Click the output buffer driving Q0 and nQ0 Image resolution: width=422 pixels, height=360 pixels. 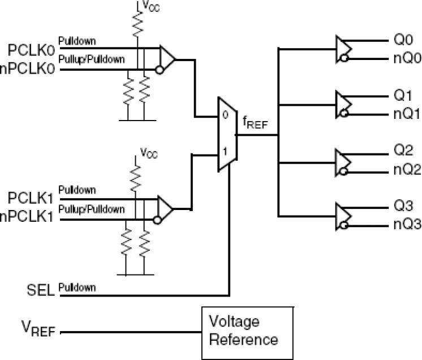(x=345, y=49)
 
